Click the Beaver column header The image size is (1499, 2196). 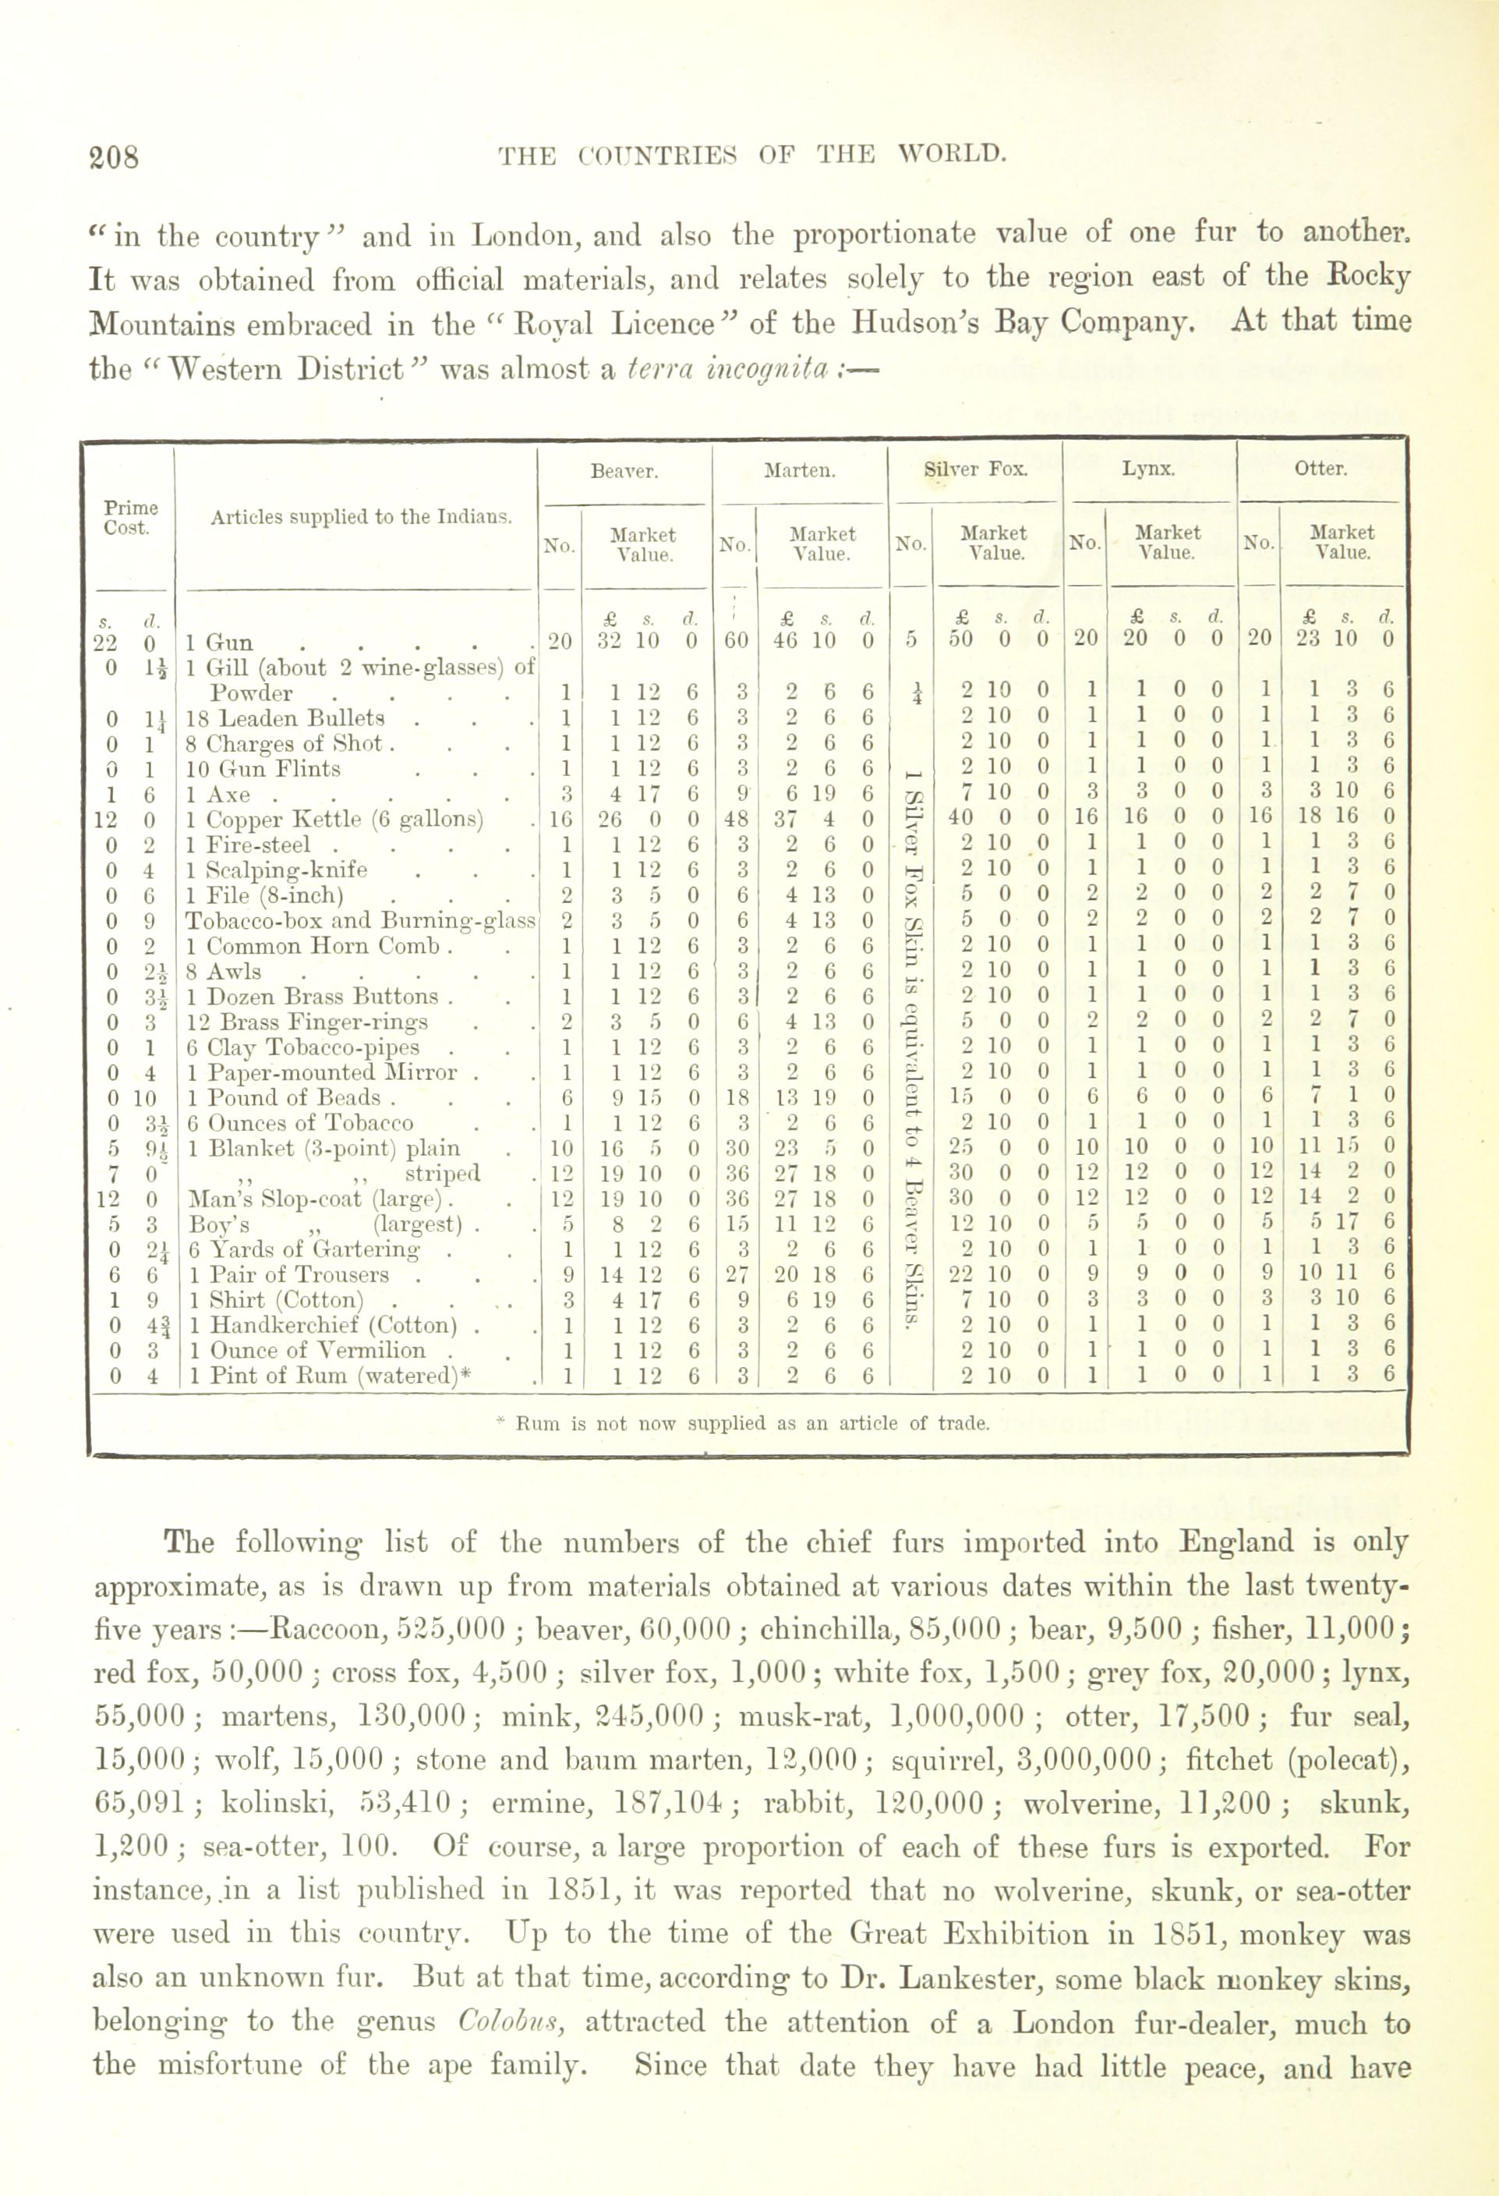tap(624, 470)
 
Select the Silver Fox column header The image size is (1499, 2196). tap(974, 469)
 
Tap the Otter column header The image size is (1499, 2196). tap(1320, 469)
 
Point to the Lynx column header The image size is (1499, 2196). tap(1147, 469)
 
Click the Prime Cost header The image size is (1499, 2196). tap(130, 518)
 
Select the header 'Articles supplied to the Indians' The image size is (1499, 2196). tap(361, 517)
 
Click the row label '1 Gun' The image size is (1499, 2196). tap(219, 643)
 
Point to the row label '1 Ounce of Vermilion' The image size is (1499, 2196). tap(306, 1351)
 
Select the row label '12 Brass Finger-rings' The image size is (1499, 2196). tap(307, 1022)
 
